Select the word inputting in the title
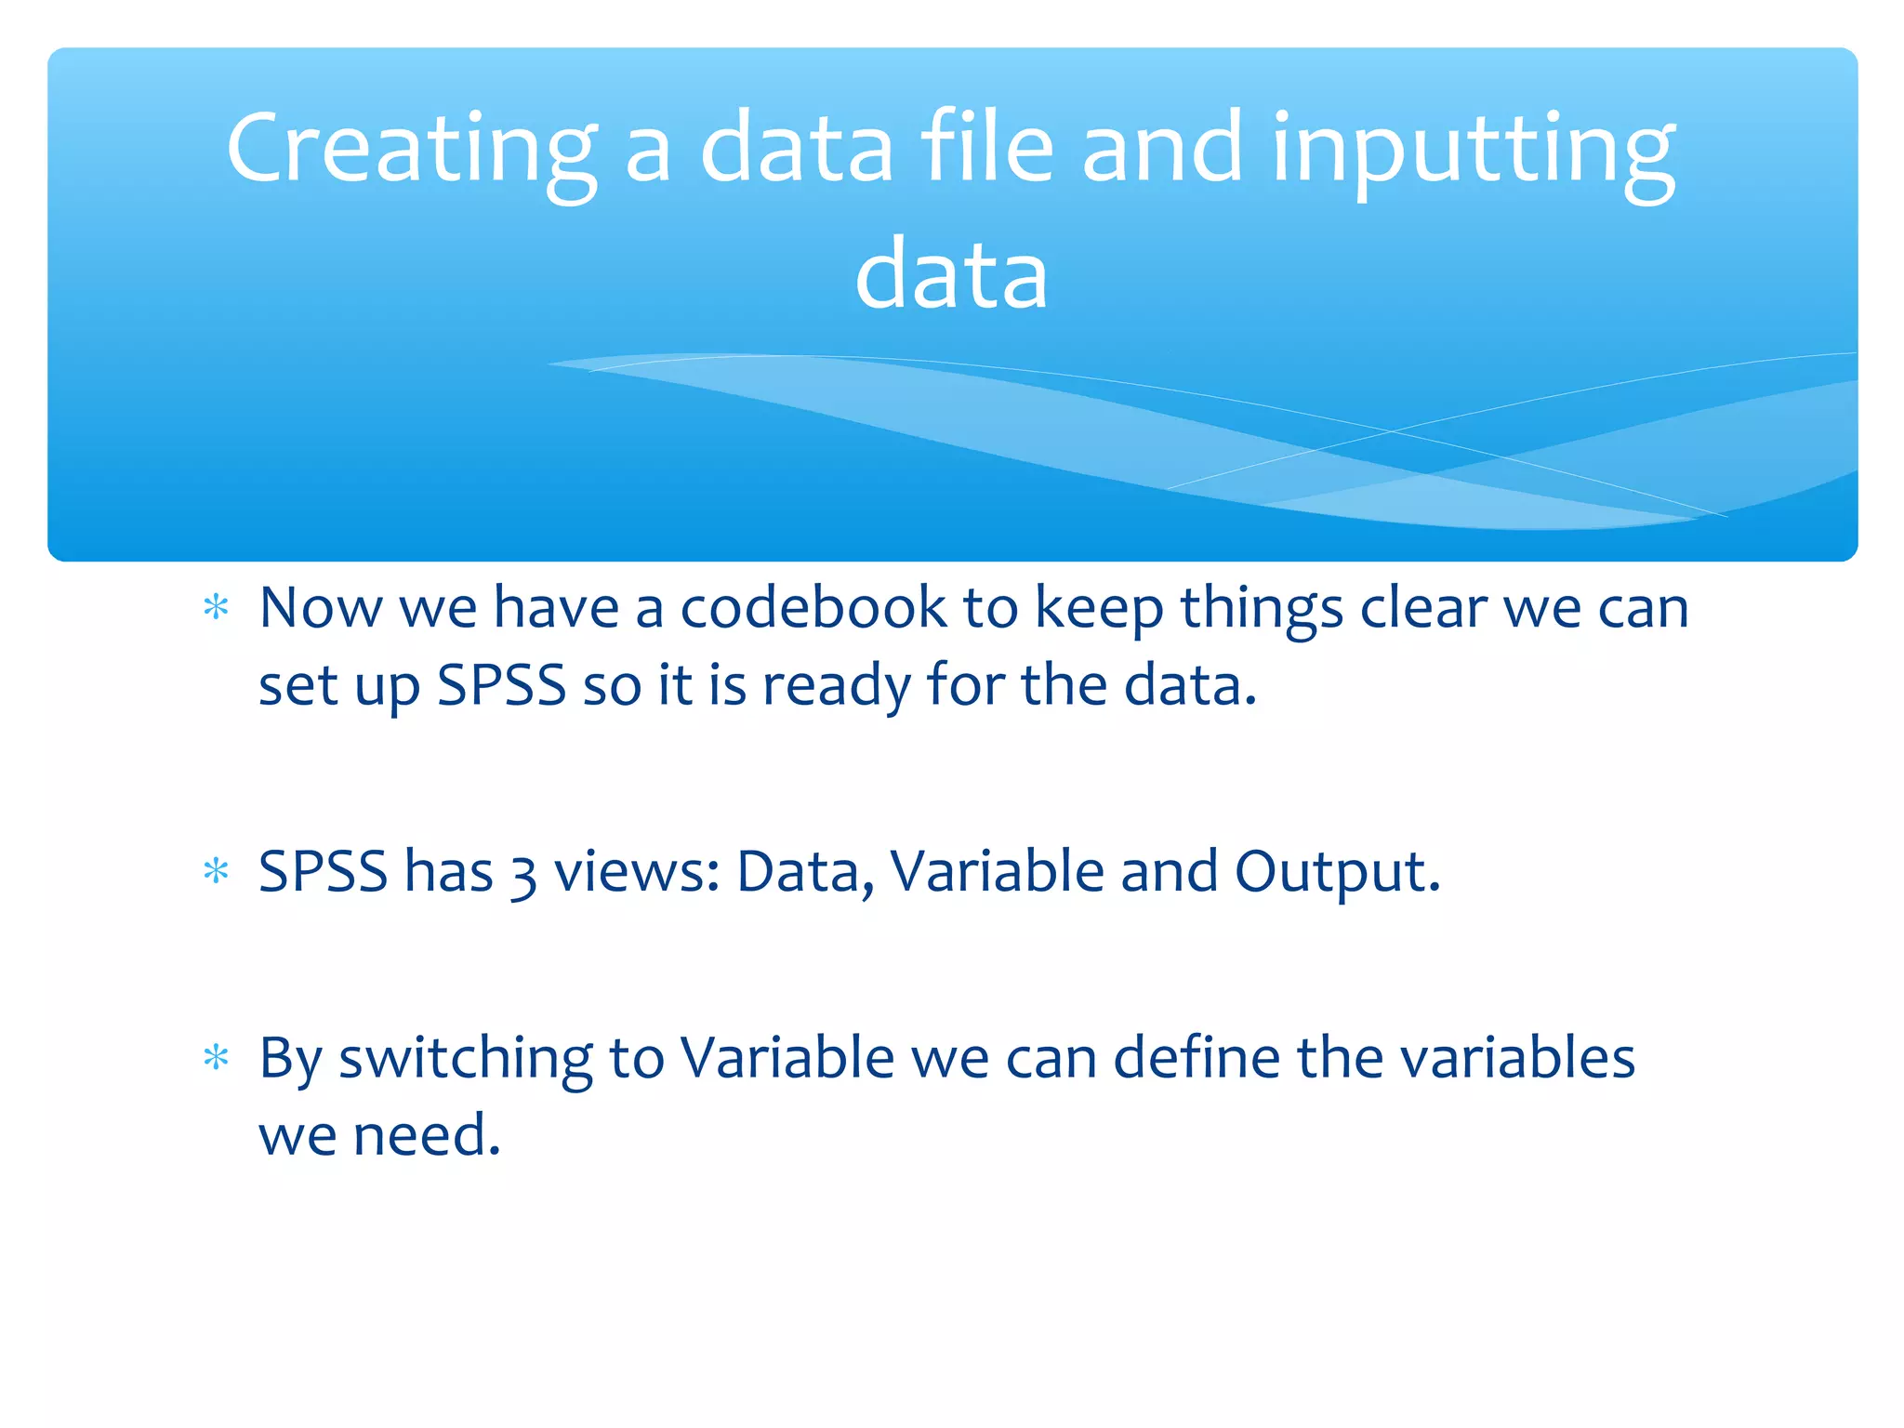(x=1473, y=149)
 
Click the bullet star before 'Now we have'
(x=216, y=608)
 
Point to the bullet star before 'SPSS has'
(x=216, y=872)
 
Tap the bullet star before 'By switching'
(x=216, y=1058)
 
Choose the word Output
(x=1336, y=874)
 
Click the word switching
(x=465, y=1060)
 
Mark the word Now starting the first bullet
(x=320, y=608)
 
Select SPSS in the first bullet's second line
(x=501, y=686)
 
